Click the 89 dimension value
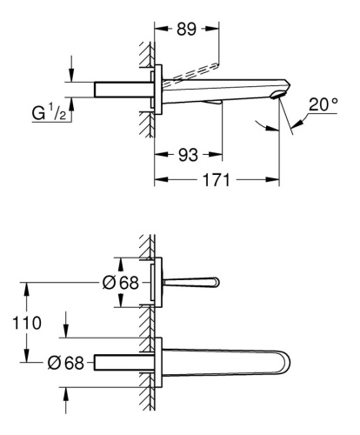click(x=186, y=29)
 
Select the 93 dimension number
click(x=188, y=155)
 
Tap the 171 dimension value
click(x=217, y=180)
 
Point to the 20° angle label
click(x=323, y=104)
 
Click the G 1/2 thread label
click(x=49, y=112)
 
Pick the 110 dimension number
click(x=27, y=323)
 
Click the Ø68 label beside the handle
click(x=121, y=283)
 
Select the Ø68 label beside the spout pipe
click(x=65, y=363)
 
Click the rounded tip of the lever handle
click(x=217, y=282)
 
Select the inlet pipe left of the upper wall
click(x=123, y=90)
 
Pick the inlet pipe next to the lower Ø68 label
click(x=123, y=362)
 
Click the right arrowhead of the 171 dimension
click(x=273, y=179)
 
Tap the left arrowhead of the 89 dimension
click(x=161, y=29)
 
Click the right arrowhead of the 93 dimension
click(x=216, y=155)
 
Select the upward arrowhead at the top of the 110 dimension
click(x=26, y=289)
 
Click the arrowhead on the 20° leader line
click(x=297, y=124)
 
